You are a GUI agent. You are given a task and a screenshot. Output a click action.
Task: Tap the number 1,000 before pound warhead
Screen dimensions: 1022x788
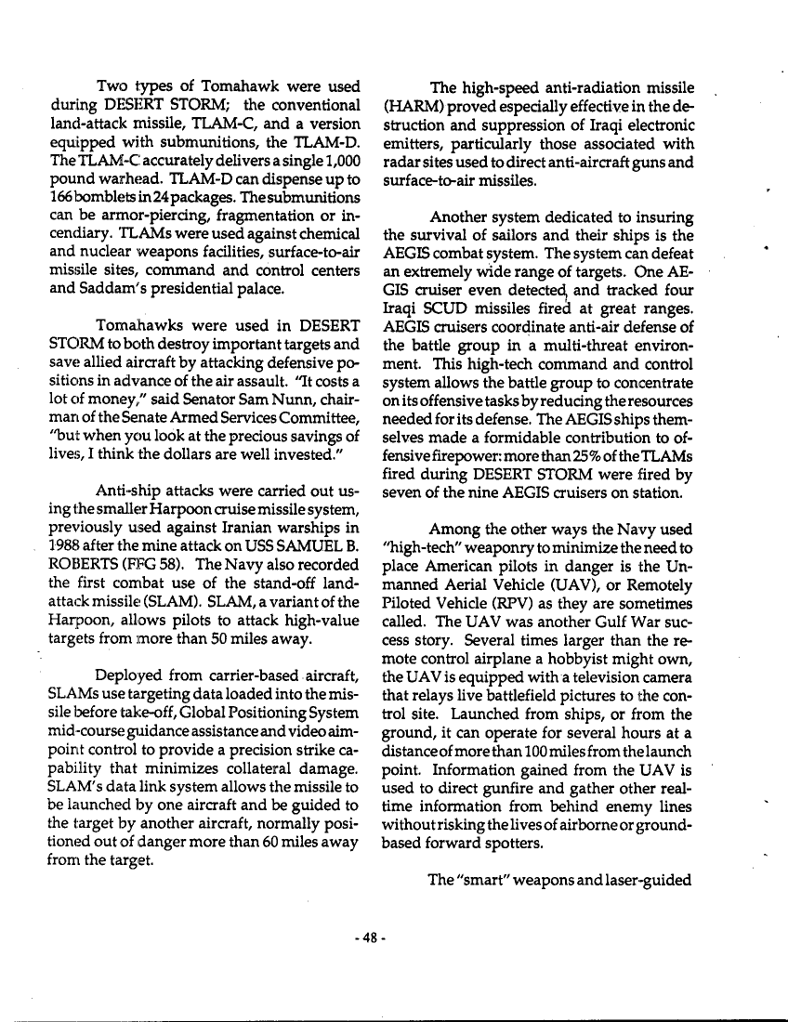point(343,177)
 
